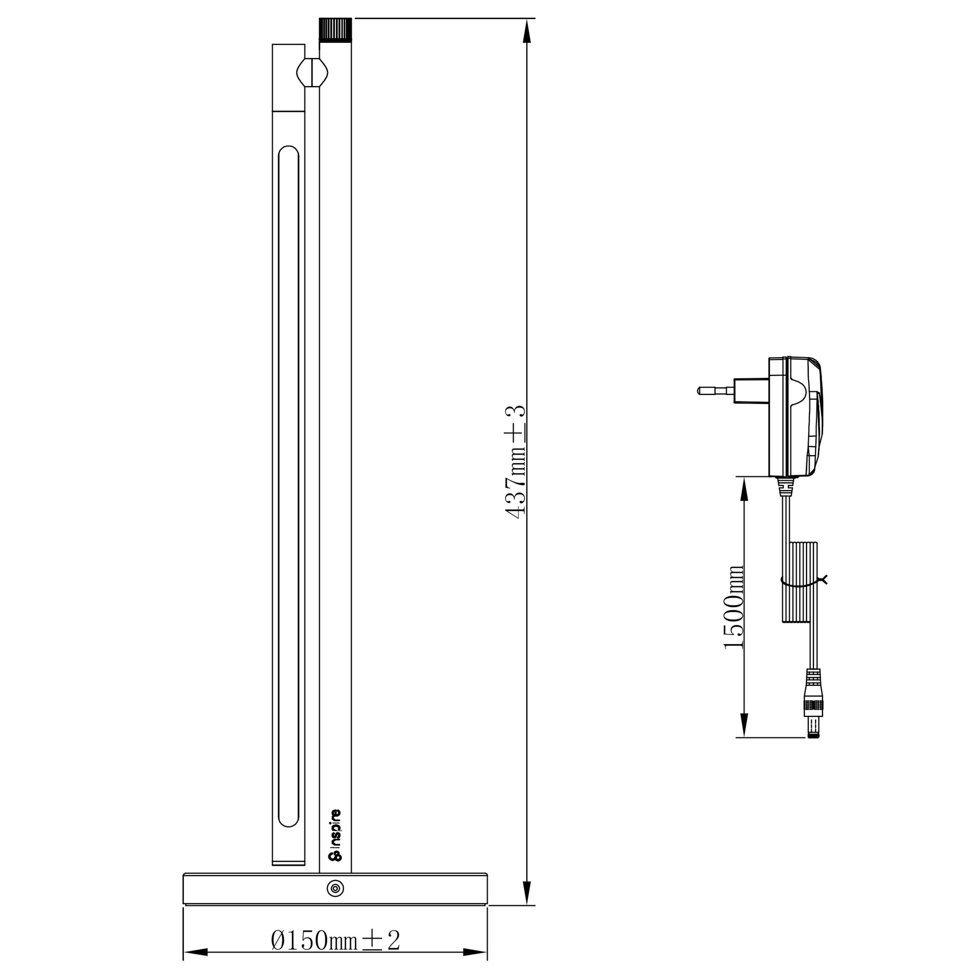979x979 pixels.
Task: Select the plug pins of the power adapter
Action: tap(714, 390)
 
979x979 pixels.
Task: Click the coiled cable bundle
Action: tap(800, 583)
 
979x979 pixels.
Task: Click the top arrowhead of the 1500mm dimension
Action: tap(744, 489)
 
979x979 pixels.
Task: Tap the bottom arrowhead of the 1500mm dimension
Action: tap(744, 724)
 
